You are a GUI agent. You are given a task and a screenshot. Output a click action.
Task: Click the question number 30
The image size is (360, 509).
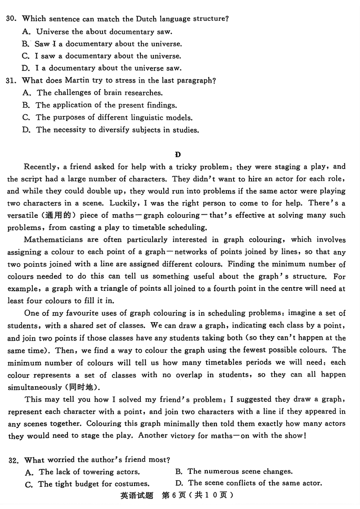click(12, 19)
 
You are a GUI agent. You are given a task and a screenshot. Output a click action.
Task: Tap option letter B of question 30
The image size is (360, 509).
click(25, 44)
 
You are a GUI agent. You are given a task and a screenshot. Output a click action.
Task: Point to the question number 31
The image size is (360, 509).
click(12, 81)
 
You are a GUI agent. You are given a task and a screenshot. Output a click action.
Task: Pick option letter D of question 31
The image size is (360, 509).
click(25, 130)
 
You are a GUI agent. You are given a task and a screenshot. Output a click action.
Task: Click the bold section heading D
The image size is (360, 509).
click(178, 155)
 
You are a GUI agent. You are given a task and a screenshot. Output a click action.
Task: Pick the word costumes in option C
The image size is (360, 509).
click(133, 484)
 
